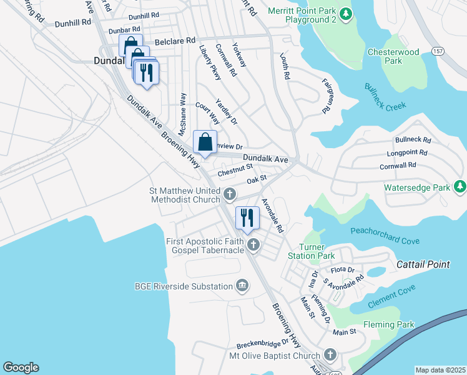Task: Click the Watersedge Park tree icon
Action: click(460, 187)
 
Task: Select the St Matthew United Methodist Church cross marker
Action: click(230, 194)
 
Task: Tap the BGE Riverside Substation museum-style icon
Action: click(242, 287)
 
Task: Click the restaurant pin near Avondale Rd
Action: click(248, 218)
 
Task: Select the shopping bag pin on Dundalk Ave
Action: click(205, 142)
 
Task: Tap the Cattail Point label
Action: click(423, 264)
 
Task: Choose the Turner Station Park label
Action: click(311, 251)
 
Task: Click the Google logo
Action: click(21, 367)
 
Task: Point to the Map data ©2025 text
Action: click(440, 370)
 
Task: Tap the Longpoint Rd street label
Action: click(406, 152)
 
